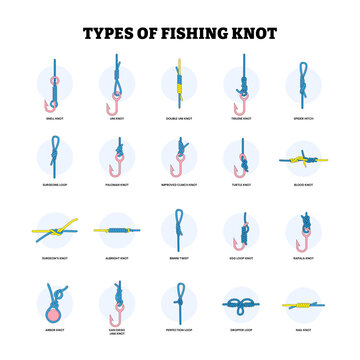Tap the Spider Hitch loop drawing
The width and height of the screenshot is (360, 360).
303,80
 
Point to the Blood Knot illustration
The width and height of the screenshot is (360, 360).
303,159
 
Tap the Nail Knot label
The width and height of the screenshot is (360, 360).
303,329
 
